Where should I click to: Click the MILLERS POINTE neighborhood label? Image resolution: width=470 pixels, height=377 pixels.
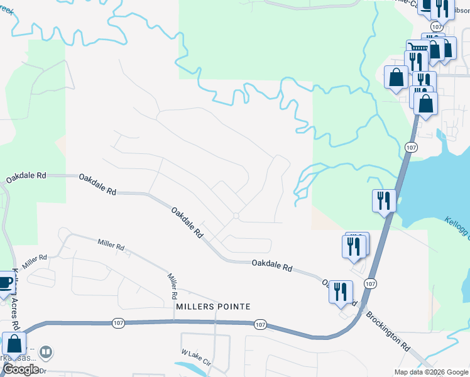click(x=213, y=307)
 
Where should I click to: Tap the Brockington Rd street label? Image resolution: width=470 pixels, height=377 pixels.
click(x=388, y=328)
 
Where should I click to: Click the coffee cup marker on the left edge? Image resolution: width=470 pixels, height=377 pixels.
click(x=4, y=283)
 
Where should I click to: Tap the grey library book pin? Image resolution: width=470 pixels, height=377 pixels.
click(x=45, y=351)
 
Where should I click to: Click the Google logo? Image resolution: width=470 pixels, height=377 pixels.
click(x=21, y=369)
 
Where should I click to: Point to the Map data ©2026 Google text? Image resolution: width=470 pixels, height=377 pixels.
click(x=430, y=372)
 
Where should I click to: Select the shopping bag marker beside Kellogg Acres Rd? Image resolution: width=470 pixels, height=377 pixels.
click(x=14, y=344)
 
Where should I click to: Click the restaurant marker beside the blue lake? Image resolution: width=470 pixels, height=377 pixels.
click(x=384, y=201)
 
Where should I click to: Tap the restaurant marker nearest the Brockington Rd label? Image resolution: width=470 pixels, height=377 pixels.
click(x=341, y=292)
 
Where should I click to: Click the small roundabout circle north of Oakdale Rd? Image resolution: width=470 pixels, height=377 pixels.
click(x=236, y=216)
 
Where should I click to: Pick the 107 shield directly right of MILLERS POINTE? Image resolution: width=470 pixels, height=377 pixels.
click(x=261, y=324)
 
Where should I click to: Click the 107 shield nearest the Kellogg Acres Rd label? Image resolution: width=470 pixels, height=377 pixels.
click(x=119, y=322)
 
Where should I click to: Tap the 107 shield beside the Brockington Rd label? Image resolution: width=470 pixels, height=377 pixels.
click(x=371, y=284)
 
